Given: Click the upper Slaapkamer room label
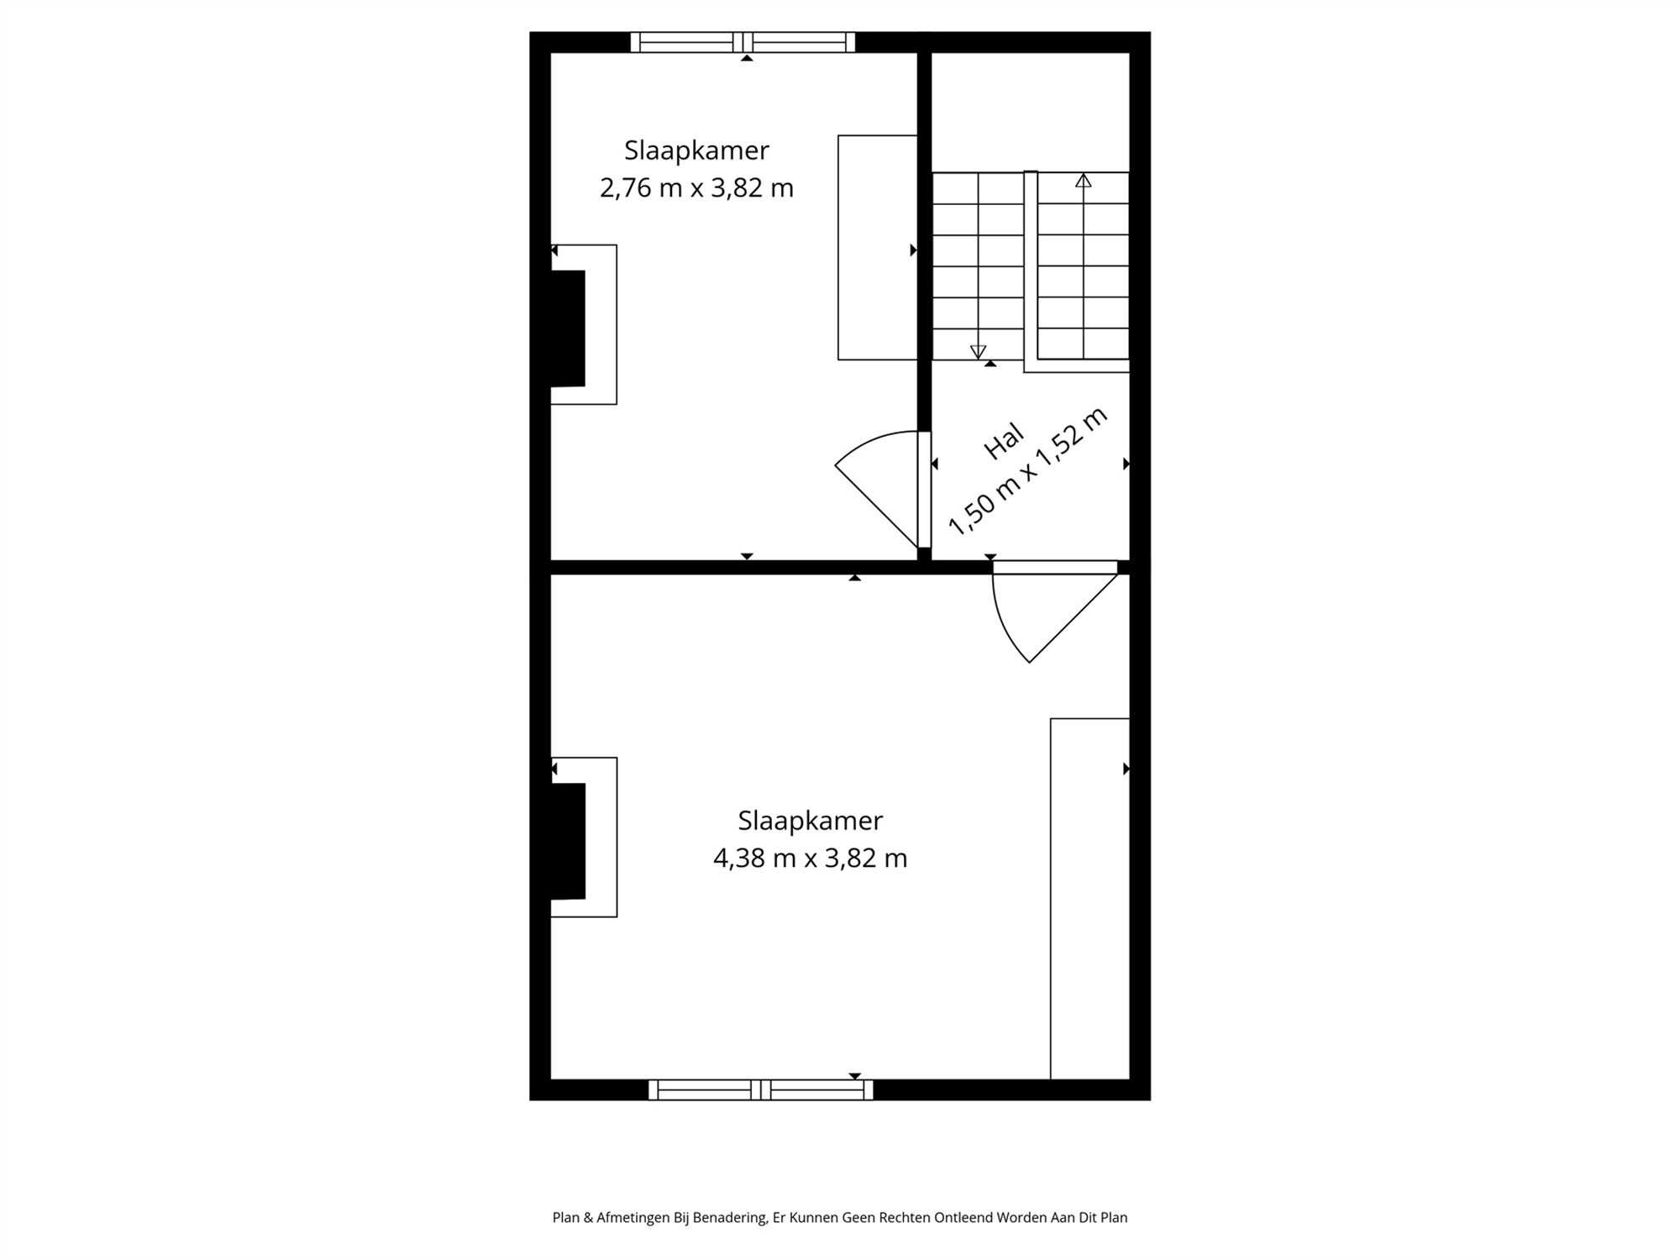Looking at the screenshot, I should tap(696, 150).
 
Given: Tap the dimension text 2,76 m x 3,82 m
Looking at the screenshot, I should tap(696, 187).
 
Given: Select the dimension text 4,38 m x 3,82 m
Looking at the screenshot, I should tap(810, 858).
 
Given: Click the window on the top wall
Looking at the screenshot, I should tap(743, 42).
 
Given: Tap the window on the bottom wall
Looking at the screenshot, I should tap(760, 1089).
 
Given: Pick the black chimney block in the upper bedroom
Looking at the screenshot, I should tap(567, 328).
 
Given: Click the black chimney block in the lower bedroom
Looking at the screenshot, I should tap(567, 841).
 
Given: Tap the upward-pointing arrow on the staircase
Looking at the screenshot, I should tap(1084, 181).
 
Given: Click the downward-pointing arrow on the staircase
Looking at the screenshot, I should tap(978, 351).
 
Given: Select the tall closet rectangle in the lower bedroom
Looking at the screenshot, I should tap(1089, 898).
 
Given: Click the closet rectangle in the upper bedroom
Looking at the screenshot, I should tap(877, 247).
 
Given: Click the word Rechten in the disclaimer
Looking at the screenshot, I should tap(905, 1217).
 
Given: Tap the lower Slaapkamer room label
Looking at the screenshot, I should tap(810, 820).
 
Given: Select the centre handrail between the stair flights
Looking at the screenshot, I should tap(1031, 269).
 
